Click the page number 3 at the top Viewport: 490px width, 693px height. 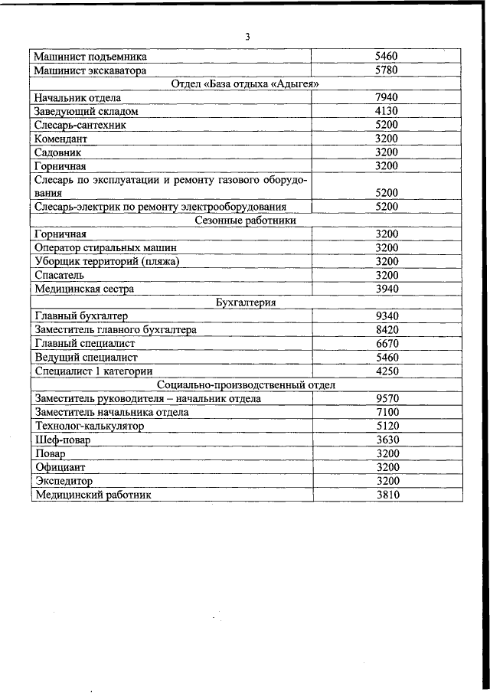tap(247, 37)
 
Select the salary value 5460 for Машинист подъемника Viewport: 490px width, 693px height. tap(387, 57)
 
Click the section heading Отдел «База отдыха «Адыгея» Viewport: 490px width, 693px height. tap(246, 83)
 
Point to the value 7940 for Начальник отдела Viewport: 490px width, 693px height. tap(387, 97)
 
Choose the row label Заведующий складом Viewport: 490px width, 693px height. tap(87, 111)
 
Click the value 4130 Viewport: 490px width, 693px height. tap(387, 111)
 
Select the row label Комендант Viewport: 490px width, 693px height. tap(61, 139)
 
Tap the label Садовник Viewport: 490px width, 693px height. tap(58, 152)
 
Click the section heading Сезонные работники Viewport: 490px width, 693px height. tap(246, 221)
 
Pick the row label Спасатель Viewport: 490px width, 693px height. tap(60, 275)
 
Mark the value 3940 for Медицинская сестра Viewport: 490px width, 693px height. tap(387, 289)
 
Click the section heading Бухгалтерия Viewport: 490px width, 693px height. tap(246, 302)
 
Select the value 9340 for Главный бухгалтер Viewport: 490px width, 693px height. tap(387, 316)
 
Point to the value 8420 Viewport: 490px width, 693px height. tap(387, 330)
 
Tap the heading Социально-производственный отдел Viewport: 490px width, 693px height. tap(246, 384)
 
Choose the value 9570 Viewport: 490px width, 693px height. tap(387, 398)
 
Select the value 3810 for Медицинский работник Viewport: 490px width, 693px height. tap(387, 495)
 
